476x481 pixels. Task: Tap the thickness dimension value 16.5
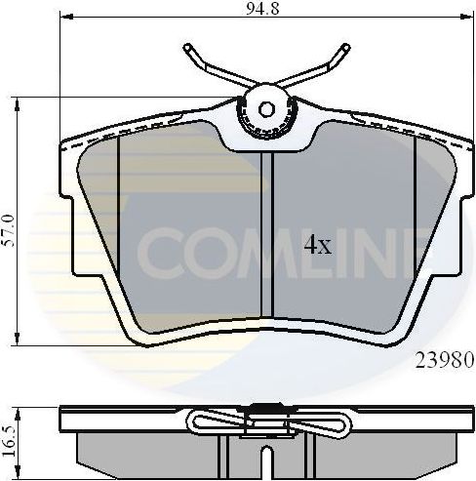[x=9, y=429]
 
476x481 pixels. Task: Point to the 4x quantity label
[x=317, y=246]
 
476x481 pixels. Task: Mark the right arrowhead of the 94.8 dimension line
[x=470, y=18]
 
